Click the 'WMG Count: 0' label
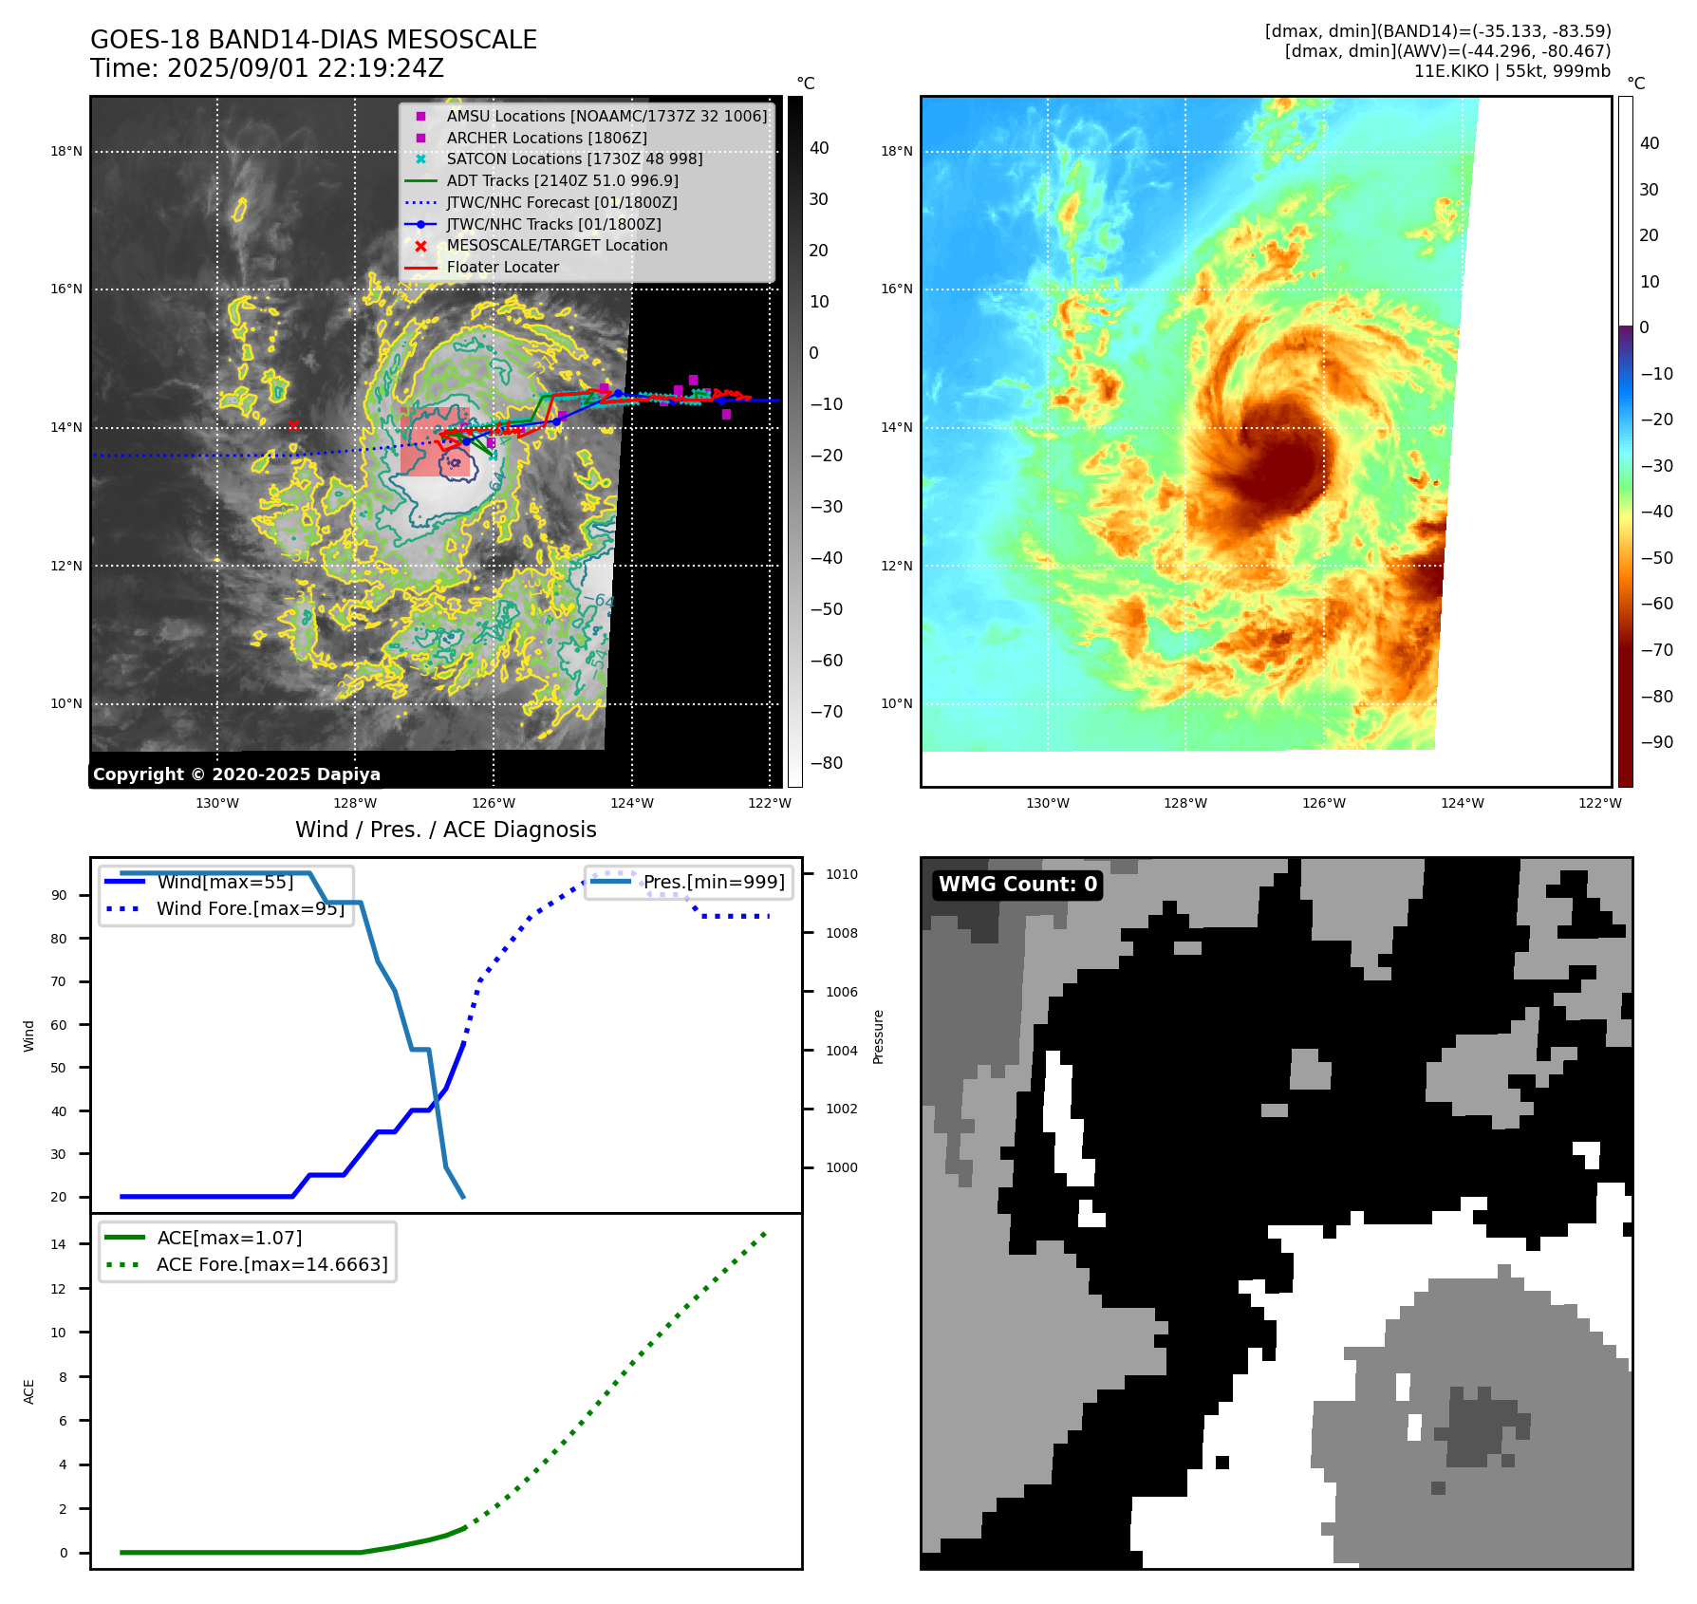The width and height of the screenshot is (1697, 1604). click(1017, 885)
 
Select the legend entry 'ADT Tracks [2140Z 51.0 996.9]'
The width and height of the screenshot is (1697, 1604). click(562, 180)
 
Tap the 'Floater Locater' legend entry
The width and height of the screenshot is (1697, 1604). click(503, 267)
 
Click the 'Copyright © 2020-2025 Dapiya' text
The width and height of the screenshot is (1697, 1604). click(236, 774)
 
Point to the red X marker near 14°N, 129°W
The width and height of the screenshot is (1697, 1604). click(293, 426)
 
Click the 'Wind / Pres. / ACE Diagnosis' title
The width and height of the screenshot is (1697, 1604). click(446, 830)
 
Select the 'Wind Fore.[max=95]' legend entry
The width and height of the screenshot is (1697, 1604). click(251, 908)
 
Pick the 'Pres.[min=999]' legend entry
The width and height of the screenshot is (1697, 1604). click(714, 882)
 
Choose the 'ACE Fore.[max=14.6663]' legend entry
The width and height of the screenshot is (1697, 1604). click(271, 1264)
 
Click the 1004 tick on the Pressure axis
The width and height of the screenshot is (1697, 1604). click(841, 1051)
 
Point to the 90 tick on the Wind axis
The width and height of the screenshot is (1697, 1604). click(59, 895)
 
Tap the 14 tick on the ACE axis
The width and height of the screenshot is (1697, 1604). click(59, 1244)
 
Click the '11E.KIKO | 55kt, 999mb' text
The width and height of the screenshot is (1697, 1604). click(1512, 71)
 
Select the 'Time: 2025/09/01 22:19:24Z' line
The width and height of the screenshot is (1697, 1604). click(267, 68)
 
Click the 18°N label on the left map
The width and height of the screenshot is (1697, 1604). click(66, 151)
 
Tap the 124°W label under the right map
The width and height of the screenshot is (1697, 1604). click(1462, 803)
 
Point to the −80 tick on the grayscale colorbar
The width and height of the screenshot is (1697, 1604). click(826, 763)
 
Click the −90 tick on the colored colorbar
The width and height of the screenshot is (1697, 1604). click(1656, 742)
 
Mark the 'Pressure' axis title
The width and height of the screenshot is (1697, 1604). click(878, 1036)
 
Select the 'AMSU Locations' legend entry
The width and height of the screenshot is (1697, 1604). click(606, 116)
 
